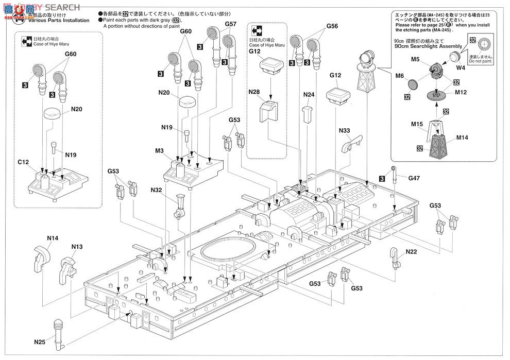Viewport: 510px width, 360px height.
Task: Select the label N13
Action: (77, 247)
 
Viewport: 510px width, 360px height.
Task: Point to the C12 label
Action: (23, 162)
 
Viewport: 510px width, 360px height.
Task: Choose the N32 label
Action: (157, 191)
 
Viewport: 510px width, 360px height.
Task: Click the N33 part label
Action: (345, 131)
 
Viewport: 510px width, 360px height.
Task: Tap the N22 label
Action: (411, 252)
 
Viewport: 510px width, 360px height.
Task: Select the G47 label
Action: (414, 178)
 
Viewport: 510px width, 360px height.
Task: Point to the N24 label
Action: (309, 95)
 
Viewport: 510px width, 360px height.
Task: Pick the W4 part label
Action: (460, 67)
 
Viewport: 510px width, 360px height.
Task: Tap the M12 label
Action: (461, 93)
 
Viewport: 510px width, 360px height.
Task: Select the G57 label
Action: (231, 24)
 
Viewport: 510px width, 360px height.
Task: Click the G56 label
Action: (332, 27)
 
